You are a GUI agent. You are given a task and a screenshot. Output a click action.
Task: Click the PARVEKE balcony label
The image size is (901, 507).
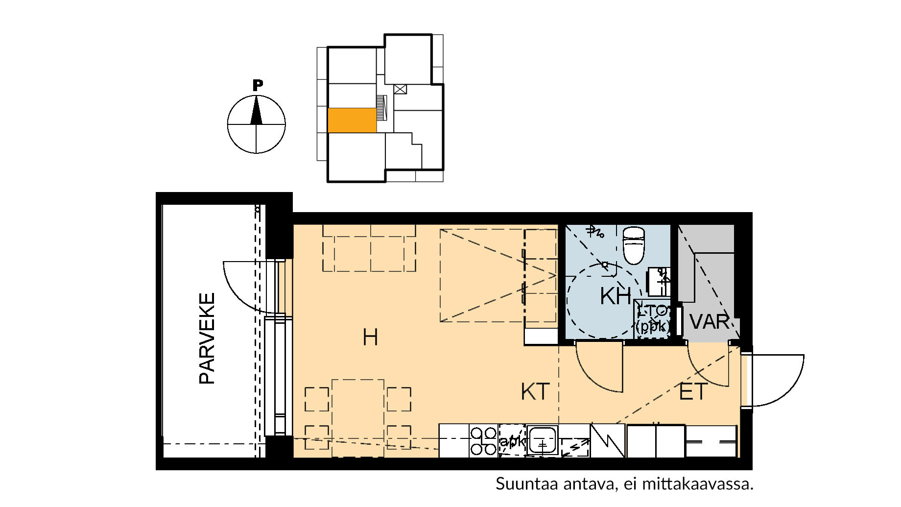click(207, 338)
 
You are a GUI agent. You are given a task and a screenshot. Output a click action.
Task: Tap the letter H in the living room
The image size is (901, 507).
click(370, 338)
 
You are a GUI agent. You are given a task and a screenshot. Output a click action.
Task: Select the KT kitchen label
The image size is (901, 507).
click(535, 392)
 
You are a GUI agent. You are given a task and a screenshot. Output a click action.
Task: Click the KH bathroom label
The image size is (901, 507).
click(616, 296)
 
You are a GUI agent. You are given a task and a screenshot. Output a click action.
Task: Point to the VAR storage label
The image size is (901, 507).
click(709, 322)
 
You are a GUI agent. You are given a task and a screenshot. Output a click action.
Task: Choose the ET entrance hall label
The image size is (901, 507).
click(693, 392)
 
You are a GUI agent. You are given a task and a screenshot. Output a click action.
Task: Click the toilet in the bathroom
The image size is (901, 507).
click(634, 244)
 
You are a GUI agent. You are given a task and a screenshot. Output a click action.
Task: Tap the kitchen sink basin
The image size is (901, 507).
click(542, 439)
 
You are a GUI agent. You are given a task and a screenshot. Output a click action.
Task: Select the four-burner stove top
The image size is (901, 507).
click(483, 440)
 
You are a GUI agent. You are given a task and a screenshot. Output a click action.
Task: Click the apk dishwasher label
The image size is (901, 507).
click(511, 442)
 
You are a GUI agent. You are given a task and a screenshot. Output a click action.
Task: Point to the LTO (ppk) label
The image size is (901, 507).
click(653, 318)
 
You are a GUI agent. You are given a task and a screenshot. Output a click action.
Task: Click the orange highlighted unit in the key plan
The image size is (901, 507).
click(352, 121)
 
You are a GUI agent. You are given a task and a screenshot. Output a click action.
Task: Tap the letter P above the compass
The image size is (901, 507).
click(258, 85)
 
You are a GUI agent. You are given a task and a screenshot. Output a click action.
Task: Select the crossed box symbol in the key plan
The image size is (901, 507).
click(400, 89)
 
